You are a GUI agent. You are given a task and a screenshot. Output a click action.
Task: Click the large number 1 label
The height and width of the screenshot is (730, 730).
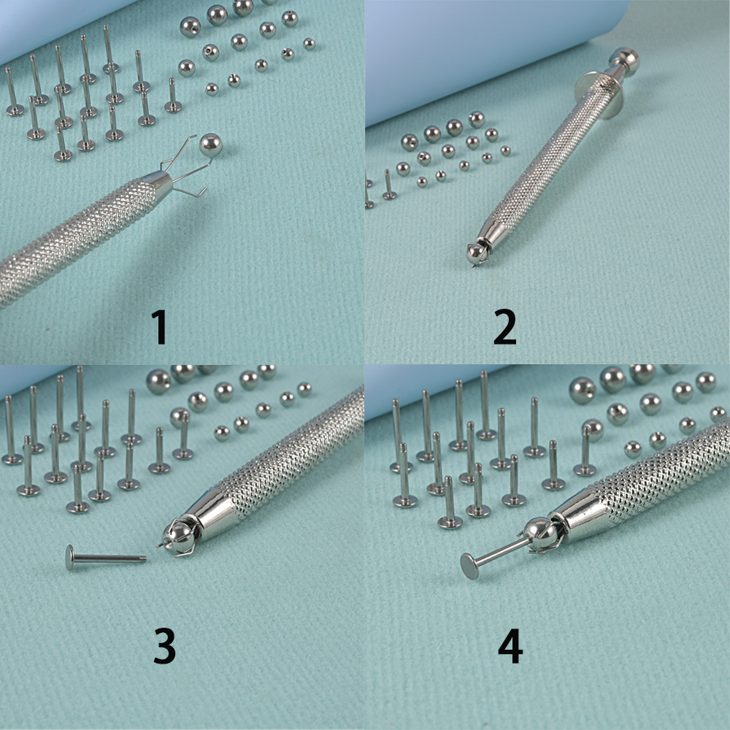[x=160, y=327]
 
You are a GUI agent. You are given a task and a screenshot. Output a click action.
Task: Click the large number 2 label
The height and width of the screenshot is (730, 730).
[x=505, y=327]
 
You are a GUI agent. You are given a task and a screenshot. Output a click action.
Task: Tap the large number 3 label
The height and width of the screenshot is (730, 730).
[x=164, y=646]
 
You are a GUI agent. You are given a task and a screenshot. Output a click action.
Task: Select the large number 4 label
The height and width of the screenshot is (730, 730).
[x=510, y=646]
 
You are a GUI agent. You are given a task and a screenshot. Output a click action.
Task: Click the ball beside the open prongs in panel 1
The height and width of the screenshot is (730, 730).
[x=210, y=145]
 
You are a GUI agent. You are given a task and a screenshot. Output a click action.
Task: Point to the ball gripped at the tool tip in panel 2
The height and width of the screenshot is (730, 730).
[x=477, y=253]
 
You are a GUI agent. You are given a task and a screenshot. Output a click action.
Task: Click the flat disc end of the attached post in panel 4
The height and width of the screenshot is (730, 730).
[x=469, y=566]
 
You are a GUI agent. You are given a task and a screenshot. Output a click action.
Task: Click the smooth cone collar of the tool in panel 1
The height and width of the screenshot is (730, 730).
[x=158, y=183]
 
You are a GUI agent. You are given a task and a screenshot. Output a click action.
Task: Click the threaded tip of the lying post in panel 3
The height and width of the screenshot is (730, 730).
[x=142, y=558]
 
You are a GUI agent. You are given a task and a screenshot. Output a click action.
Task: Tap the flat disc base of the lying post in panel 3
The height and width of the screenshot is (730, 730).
[x=69, y=557]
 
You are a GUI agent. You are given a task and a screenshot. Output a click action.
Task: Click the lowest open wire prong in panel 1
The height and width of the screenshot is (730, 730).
[x=191, y=192]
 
